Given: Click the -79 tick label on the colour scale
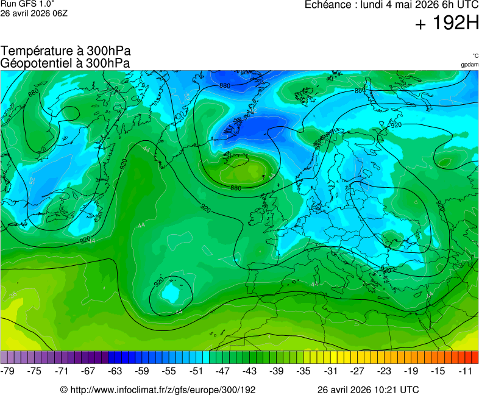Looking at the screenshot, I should [8, 371].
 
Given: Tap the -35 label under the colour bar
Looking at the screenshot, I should [303, 371].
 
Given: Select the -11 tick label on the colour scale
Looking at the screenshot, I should [466, 371].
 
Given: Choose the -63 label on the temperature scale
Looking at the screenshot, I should [116, 371].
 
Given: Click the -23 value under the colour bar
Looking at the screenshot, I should [385, 371].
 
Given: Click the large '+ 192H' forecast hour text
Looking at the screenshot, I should [446, 24].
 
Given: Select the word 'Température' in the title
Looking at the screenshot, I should [35, 51].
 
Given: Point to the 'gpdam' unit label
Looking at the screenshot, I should [469, 64].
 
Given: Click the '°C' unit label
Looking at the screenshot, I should [475, 55].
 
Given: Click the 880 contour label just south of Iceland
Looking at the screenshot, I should [236, 188].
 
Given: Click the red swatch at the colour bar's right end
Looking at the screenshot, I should [474, 357].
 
